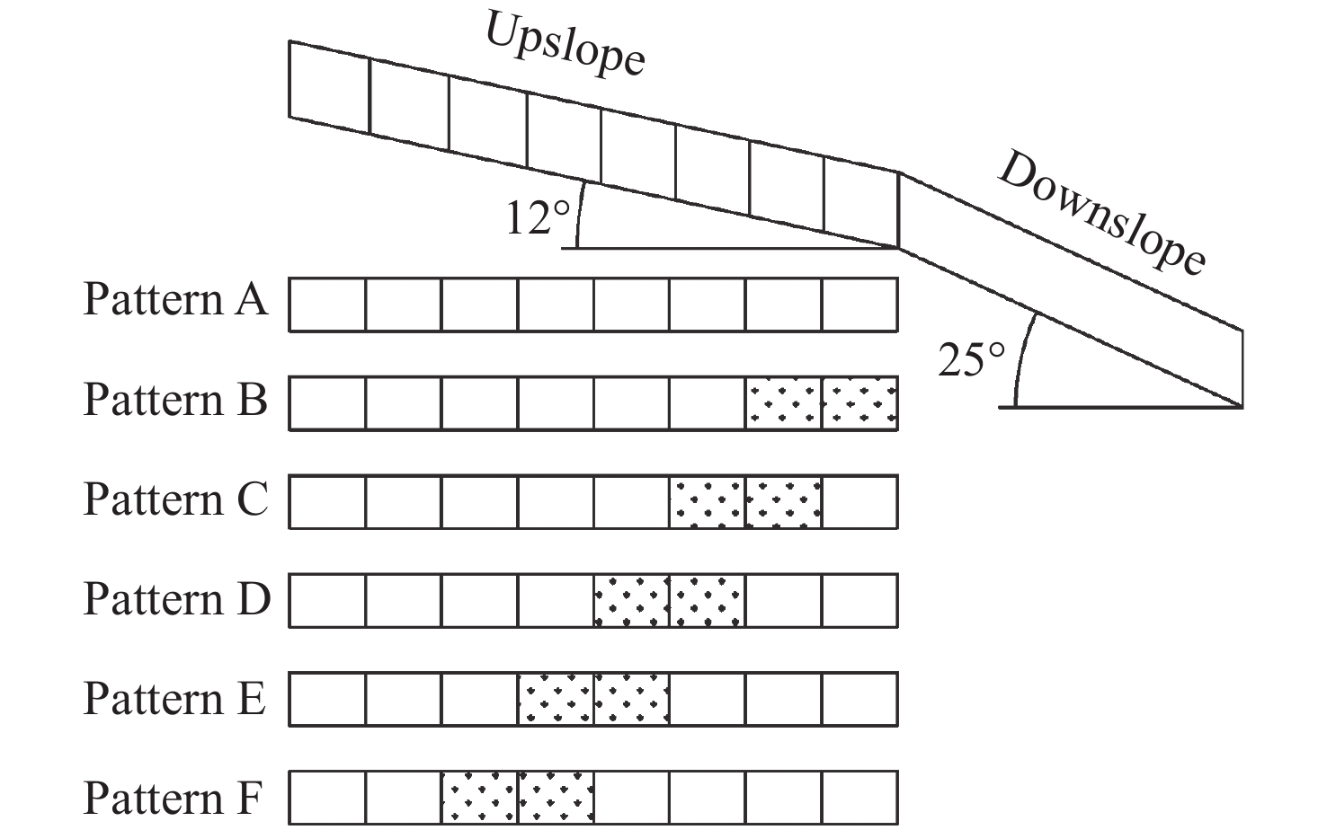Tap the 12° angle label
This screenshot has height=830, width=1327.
[538, 218]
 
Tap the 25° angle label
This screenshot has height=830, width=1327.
[971, 360]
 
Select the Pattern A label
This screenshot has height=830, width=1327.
[175, 299]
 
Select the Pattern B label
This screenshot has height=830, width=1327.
[175, 399]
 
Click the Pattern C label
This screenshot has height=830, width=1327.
[175, 499]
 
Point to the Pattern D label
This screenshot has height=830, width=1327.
[176, 598]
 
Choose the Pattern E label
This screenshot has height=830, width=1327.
[174, 698]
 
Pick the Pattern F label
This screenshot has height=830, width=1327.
[174, 798]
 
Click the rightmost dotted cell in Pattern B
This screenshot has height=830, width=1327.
[860, 403]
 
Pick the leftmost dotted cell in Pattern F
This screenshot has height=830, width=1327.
[479, 799]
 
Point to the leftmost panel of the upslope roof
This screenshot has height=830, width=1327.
[329, 87]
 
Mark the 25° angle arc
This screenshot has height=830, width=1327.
[1022, 359]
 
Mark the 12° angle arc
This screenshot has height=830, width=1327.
[578, 216]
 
